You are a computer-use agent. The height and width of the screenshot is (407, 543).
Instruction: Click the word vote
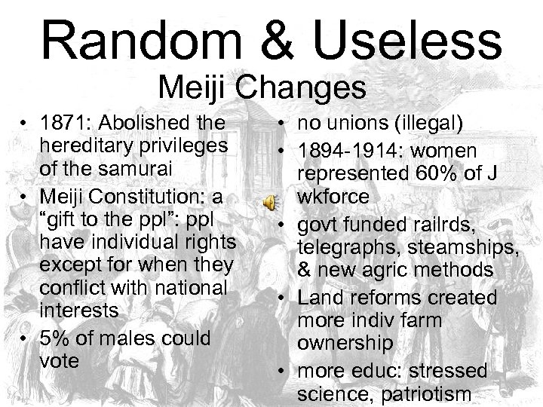point(59,361)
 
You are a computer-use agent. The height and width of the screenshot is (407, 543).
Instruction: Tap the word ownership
point(344,344)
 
